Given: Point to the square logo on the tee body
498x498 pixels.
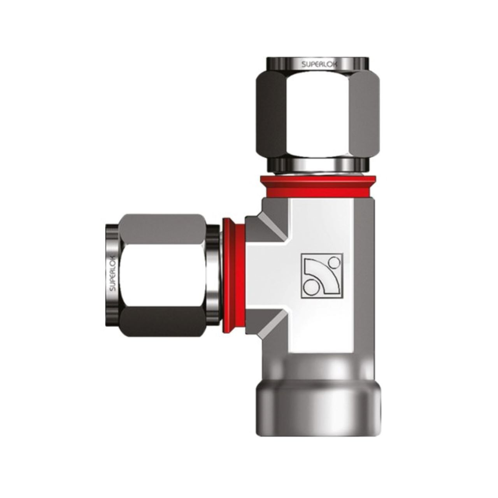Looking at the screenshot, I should click(322, 275).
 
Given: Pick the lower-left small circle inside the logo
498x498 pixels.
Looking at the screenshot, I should click(310, 288).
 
